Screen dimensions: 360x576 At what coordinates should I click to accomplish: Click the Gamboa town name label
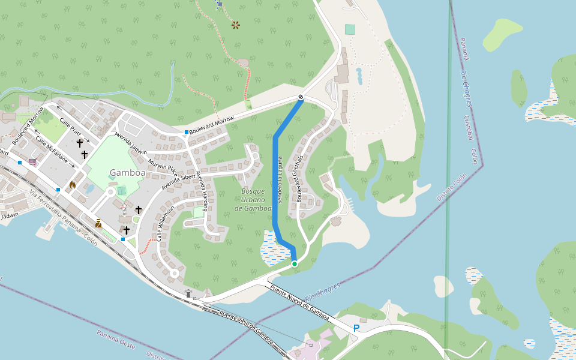pyautogui.click(x=127, y=173)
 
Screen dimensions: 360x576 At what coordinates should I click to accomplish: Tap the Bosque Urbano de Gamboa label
pyautogui.click(x=253, y=200)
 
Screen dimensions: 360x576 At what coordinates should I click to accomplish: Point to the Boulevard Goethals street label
pyautogui.click(x=299, y=178)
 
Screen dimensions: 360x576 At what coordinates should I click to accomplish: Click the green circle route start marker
pyautogui.click(x=295, y=264)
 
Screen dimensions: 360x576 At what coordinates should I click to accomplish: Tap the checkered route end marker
pyautogui.click(x=301, y=98)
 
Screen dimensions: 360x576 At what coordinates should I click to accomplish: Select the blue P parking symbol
pyautogui.click(x=356, y=328)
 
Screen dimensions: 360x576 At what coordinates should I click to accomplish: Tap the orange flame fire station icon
pyautogui.click(x=73, y=185)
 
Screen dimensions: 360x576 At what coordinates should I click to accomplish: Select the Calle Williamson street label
pyautogui.click(x=166, y=223)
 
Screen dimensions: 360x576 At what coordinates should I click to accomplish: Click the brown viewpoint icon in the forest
pyautogui.click(x=236, y=25)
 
